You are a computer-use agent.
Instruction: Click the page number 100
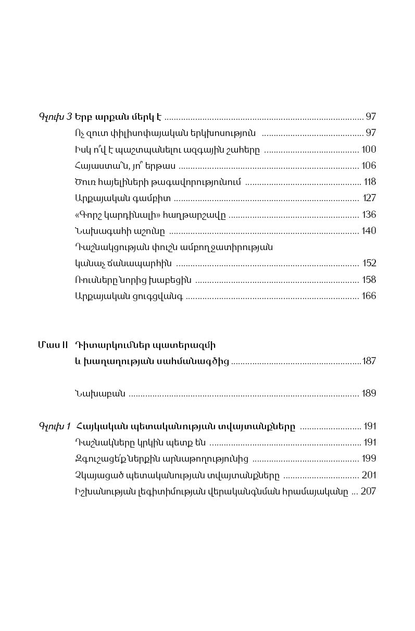(x=368, y=150)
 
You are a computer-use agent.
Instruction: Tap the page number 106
(x=368, y=166)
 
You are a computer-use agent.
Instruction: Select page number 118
(x=370, y=182)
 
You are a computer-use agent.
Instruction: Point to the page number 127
(x=369, y=198)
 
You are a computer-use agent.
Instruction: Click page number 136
(x=369, y=215)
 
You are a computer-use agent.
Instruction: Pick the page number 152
(x=369, y=263)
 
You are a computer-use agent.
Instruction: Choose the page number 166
(x=369, y=296)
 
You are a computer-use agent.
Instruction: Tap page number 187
(x=369, y=361)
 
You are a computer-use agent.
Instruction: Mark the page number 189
(x=369, y=393)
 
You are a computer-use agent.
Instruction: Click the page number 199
(x=369, y=459)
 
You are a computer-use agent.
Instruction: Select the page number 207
(x=368, y=491)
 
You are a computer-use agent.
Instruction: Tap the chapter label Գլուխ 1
(x=55, y=426)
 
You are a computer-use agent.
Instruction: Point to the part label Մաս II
(x=53, y=345)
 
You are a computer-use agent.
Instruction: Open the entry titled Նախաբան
(x=100, y=393)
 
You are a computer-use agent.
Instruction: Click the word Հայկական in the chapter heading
(x=98, y=426)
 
